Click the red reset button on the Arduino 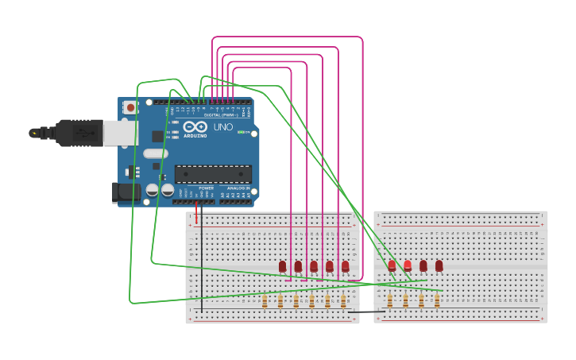tap(130, 106)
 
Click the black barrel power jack tap(125, 192)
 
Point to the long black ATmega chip tap(213, 173)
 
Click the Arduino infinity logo tap(195, 127)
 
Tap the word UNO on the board tap(222, 127)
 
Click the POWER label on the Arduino tap(195, 188)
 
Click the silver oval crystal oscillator tap(156, 153)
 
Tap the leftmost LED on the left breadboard tap(282, 266)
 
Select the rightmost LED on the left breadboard tap(345, 266)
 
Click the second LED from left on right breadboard tap(408, 265)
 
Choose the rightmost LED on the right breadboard tap(439, 265)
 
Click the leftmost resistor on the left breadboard tap(265, 300)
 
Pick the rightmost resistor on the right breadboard tap(437, 300)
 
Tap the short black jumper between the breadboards tap(365, 312)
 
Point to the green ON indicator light tap(240, 132)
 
